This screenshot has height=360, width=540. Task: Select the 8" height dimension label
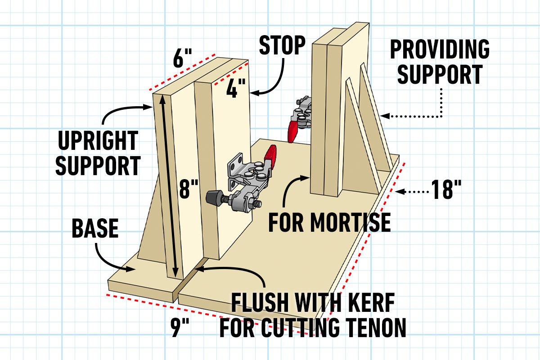[188, 189]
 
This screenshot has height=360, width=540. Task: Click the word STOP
[282, 45]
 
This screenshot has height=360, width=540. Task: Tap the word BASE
[95, 229]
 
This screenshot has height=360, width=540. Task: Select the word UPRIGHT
[98, 142]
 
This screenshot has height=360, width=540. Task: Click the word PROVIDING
[439, 49]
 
